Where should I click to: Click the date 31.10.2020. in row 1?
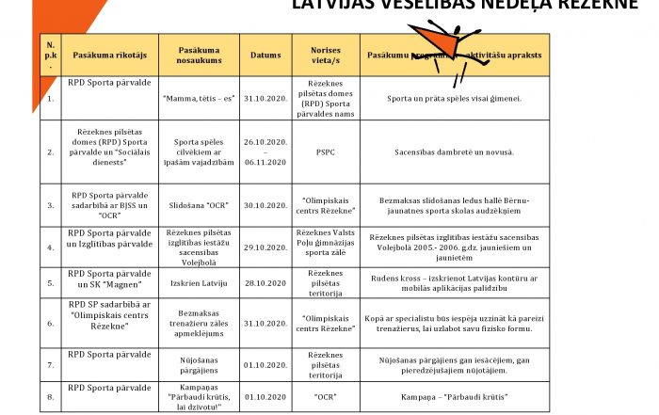(265, 97)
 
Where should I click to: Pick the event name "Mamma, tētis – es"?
(199, 97)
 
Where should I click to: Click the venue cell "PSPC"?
(326, 148)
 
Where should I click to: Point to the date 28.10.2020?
(265, 282)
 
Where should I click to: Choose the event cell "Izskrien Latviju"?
(199, 282)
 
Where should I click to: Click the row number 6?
(50, 323)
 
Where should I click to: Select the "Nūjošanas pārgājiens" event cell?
(199, 362)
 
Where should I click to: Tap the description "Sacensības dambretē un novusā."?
(455, 148)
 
